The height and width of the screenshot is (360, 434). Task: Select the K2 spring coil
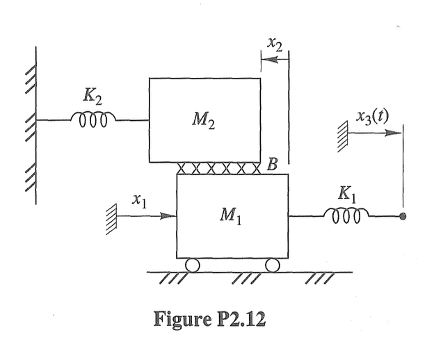93,120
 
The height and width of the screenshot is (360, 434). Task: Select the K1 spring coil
346,215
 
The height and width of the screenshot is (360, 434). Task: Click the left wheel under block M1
191,264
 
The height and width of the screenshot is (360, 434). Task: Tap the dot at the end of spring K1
403,216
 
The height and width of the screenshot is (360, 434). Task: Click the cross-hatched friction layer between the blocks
218,167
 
